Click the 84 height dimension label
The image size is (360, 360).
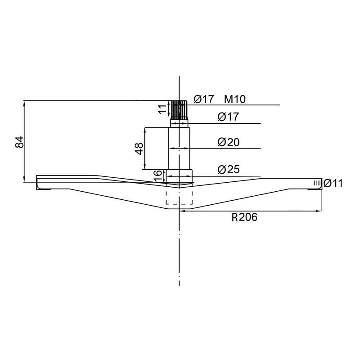[x=20, y=142]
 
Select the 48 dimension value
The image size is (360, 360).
[x=139, y=149]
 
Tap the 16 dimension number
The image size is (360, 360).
[x=158, y=176]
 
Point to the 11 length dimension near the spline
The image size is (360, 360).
[x=162, y=109]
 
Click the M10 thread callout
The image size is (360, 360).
[x=234, y=99]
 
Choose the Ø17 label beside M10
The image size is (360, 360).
[x=204, y=99]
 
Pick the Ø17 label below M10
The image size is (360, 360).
[x=228, y=117]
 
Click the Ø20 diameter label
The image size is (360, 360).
[x=229, y=142]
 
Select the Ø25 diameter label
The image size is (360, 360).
[x=229, y=170]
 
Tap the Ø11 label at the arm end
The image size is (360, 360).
[x=333, y=184]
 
